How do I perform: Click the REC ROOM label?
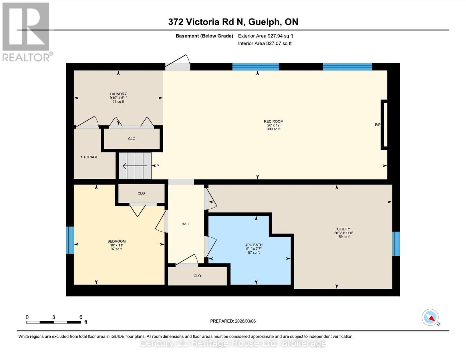coord(273,121)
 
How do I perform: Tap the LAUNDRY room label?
coord(118,94)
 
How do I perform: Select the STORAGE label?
coord(89,157)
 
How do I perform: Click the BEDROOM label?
coord(116,241)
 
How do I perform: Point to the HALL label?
coord(186,224)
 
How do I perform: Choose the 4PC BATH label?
coord(254,245)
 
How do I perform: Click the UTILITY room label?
coord(343,229)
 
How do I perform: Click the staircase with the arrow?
coord(135,166)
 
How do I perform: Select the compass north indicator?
coord(430,317)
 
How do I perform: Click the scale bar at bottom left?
coord(53,322)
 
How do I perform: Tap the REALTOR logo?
coord(26,31)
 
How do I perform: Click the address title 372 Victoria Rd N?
coord(233,22)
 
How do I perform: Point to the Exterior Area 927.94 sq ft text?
coord(265,36)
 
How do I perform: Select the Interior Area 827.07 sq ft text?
coord(265,43)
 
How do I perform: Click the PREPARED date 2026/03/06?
coord(233,321)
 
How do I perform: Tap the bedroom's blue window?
coord(70,240)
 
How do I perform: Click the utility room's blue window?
coord(396,244)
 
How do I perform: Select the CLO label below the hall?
coord(197,276)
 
